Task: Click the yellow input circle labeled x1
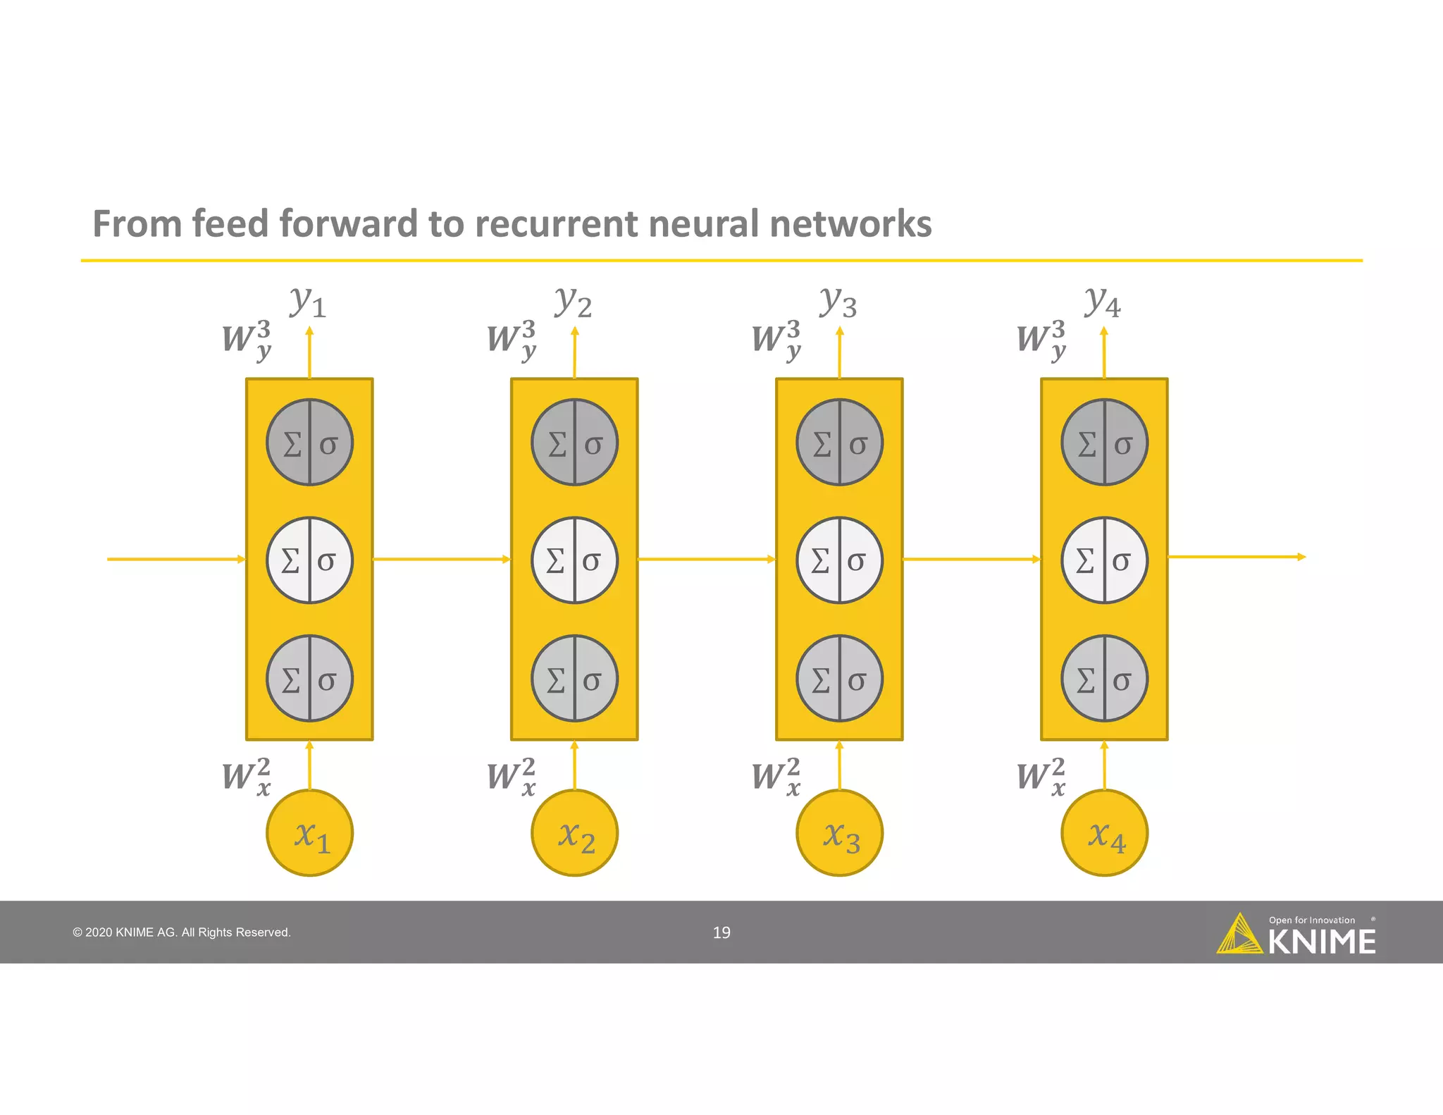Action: [x=309, y=833]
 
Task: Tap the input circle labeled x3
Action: [x=839, y=833]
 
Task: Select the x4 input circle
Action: [x=1104, y=833]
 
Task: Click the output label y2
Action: [x=573, y=302]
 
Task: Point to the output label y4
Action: [x=1103, y=302]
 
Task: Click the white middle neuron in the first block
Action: [x=309, y=560]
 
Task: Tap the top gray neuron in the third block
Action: [x=839, y=443]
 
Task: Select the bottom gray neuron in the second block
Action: [x=574, y=679]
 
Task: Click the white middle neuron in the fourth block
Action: [x=1104, y=560]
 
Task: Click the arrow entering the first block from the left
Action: [x=176, y=559]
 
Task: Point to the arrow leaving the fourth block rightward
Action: [x=1237, y=557]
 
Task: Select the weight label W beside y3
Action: [x=776, y=339]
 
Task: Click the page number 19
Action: [x=721, y=932]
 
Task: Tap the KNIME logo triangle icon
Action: [x=1239, y=935]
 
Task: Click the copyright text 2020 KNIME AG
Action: [x=182, y=932]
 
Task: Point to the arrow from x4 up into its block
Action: [x=1104, y=765]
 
